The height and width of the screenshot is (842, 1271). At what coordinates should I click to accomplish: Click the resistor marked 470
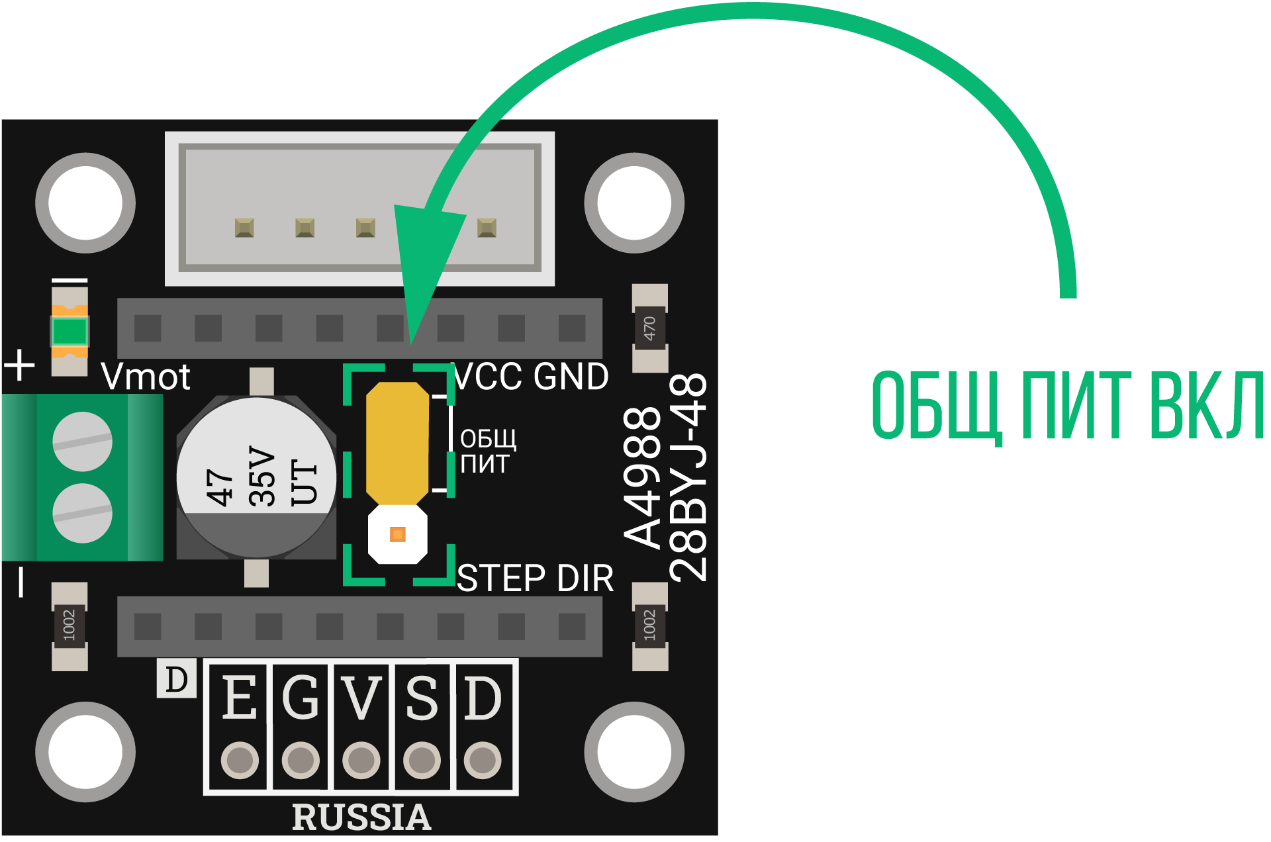point(649,328)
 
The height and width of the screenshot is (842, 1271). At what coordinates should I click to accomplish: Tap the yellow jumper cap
point(397,442)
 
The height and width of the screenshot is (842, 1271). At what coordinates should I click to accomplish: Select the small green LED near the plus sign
point(70,331)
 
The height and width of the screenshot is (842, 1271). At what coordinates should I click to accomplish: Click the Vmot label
point(146,377)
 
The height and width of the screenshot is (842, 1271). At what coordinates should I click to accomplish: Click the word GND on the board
point(571,377)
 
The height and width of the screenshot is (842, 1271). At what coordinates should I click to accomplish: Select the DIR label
point(585,579)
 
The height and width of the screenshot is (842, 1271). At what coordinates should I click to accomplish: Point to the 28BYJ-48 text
point(688,477)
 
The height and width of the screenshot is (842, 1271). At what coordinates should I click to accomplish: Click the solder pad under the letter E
point(240,760)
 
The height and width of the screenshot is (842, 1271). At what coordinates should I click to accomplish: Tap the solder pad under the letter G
point(301,760)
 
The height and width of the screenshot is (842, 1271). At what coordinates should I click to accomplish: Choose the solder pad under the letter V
point(361,760)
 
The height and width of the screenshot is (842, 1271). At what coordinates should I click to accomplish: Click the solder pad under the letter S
point(422,760)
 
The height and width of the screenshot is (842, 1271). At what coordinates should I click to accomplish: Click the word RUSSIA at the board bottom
point(361,817)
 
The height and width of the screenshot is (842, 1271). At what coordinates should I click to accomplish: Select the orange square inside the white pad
point(398,534)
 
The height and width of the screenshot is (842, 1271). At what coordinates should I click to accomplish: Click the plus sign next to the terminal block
point(20,365)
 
